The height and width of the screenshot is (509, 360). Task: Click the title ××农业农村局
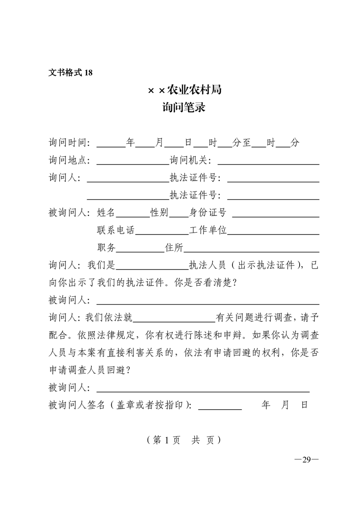pyautogui.click(x=184, y=90)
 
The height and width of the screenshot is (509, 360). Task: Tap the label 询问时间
pyautogui.click(x=67, y=143)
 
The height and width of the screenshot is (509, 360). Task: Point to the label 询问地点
pyautogui.click(x=67, y=161)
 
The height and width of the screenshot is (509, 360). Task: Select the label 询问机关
pyautogui.click(x=188, y=161)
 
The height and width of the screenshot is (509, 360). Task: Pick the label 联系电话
pyautogui.click(x=116, y=230)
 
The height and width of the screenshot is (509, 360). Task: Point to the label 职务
pyautogui.click(x=106, y=248)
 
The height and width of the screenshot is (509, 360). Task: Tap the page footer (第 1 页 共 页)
pyautogui.click(x=184, y=440)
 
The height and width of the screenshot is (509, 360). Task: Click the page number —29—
pyautogui.click(x=306, y=460)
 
